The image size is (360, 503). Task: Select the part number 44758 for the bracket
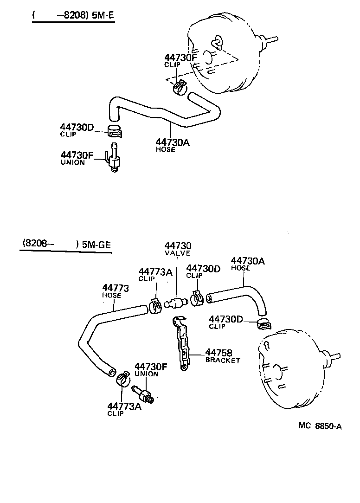[x=219, y=353]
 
